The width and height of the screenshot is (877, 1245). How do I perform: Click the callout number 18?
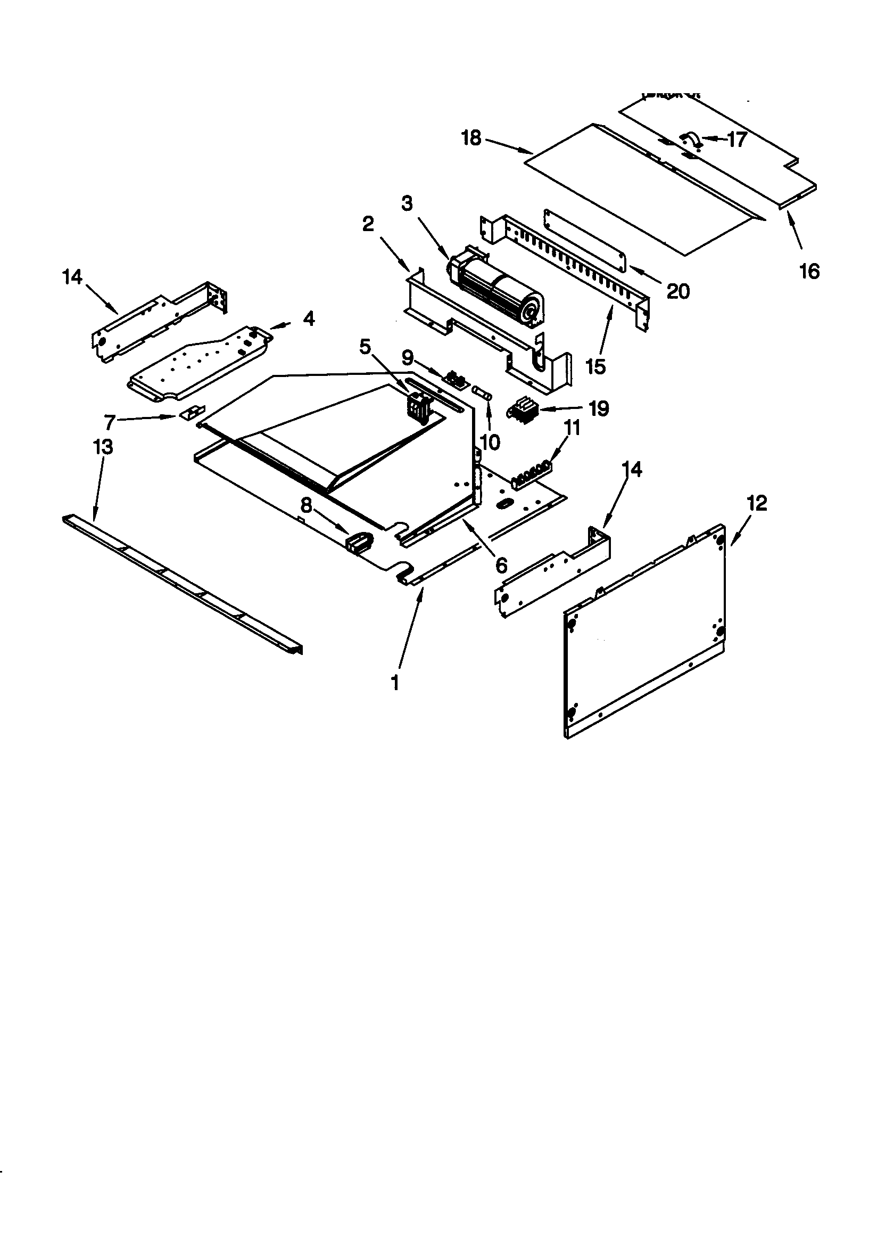pos(471,138)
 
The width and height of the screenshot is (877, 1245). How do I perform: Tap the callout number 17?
pos(737,140)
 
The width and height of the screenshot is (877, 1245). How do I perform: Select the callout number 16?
pos(809,271)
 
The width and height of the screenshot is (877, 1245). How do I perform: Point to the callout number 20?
pos(677,292)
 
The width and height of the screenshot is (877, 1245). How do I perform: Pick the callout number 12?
pos(757,504)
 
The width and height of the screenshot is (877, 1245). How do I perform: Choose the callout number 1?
pos(395,683)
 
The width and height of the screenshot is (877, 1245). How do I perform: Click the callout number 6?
pos(501,566)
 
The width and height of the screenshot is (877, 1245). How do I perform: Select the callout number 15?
pos(595,366)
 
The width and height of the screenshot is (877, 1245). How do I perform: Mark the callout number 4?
pos(309,319)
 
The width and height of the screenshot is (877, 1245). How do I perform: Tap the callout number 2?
pos(368,224)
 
